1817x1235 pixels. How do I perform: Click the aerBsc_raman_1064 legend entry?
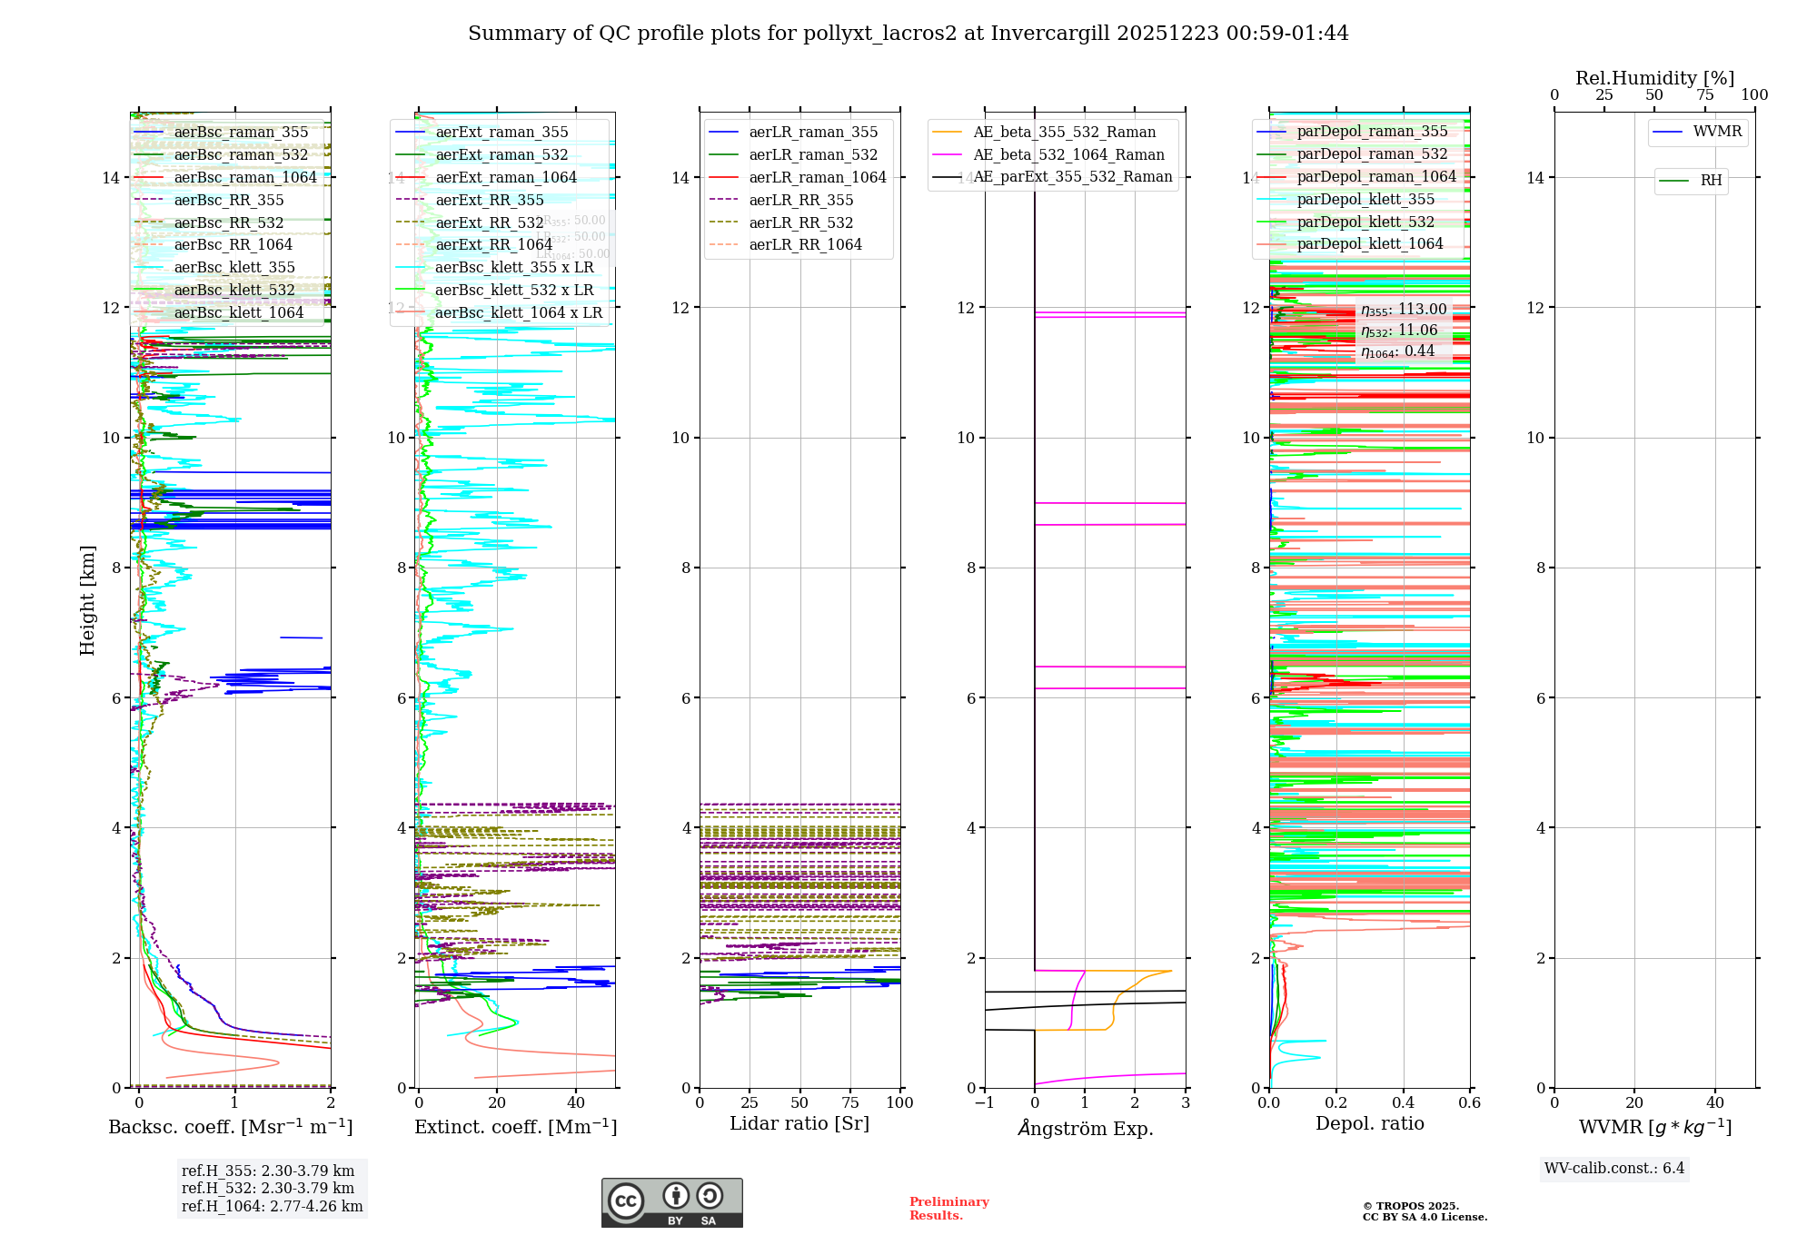click(x=245, y=177)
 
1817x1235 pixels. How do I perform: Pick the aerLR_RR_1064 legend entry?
click(x=805, y=244)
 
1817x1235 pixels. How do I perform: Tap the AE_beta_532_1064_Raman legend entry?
click(x=1068, y=154)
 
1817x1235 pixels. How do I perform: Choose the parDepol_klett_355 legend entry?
click(x=1365, y=199)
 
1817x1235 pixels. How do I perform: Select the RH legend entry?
click(x=1711, y=181)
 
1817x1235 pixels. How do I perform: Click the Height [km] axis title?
click(x=87, y=599)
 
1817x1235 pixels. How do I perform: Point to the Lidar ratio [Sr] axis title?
click(x=799, y=1123)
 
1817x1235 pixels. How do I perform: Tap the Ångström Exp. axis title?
click(x=1085, y=1128)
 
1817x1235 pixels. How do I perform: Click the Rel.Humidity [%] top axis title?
click(x=1654, y=78)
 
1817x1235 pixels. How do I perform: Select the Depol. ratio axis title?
click(x=1369, y=1123)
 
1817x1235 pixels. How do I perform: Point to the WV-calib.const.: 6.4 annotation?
click(x=1614, y=1168)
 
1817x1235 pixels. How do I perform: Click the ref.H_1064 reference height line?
click(x=272, y=1206)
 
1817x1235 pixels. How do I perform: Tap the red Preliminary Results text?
click(x=948, y=1208)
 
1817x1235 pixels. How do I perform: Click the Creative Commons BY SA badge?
click(x=671, y=1202)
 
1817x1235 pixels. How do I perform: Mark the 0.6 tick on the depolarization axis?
click(x=1469, y=1102)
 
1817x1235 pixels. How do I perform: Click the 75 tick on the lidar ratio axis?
click(x=850, y=1102)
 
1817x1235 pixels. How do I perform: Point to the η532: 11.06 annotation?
click(x=1399, y=331)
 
